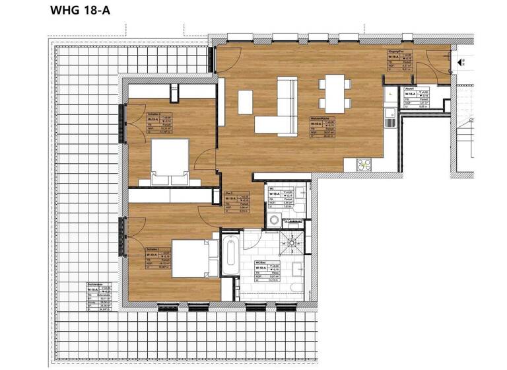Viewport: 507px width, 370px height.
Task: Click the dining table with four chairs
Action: (335, 92)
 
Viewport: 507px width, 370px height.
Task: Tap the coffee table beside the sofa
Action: (245, 100)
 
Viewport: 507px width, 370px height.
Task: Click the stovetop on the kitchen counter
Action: (364, 165)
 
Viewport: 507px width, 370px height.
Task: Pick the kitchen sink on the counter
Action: (390, 122)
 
